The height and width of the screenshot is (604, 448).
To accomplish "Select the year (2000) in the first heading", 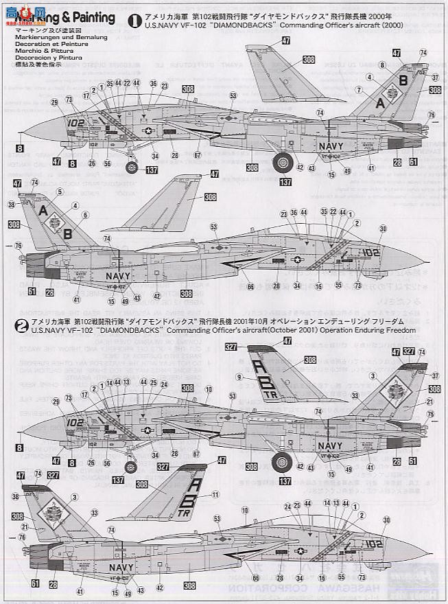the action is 404,25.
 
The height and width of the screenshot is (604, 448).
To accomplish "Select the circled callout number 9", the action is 239,376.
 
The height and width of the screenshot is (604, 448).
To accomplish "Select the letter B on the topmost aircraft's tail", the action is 403,80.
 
